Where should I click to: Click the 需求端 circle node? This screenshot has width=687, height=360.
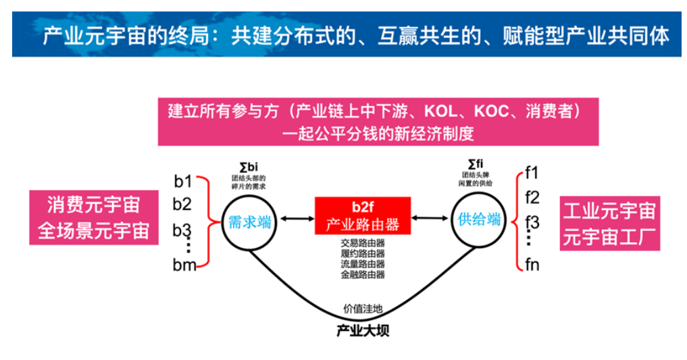point(250,222)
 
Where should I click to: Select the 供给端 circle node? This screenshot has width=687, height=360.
point(479,220)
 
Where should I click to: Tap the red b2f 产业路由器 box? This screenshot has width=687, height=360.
point(363,216)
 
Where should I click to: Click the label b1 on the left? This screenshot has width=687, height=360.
point(183,180)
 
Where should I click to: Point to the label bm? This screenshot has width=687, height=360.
point(184,264)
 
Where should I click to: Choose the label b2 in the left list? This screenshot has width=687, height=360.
point(182,204)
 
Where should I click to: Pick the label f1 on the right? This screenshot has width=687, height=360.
point(532,172)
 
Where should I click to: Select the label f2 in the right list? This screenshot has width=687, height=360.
point(532,198)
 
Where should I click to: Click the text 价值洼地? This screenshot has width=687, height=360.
point(363,309)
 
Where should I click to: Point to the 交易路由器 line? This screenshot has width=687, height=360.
point(363,242)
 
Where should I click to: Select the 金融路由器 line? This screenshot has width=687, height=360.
point(363,275)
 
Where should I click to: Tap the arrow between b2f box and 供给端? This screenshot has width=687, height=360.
point(431,217)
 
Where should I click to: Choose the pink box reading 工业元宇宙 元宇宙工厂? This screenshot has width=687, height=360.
point(610,224)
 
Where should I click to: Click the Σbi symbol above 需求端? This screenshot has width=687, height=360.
point(249,166)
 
